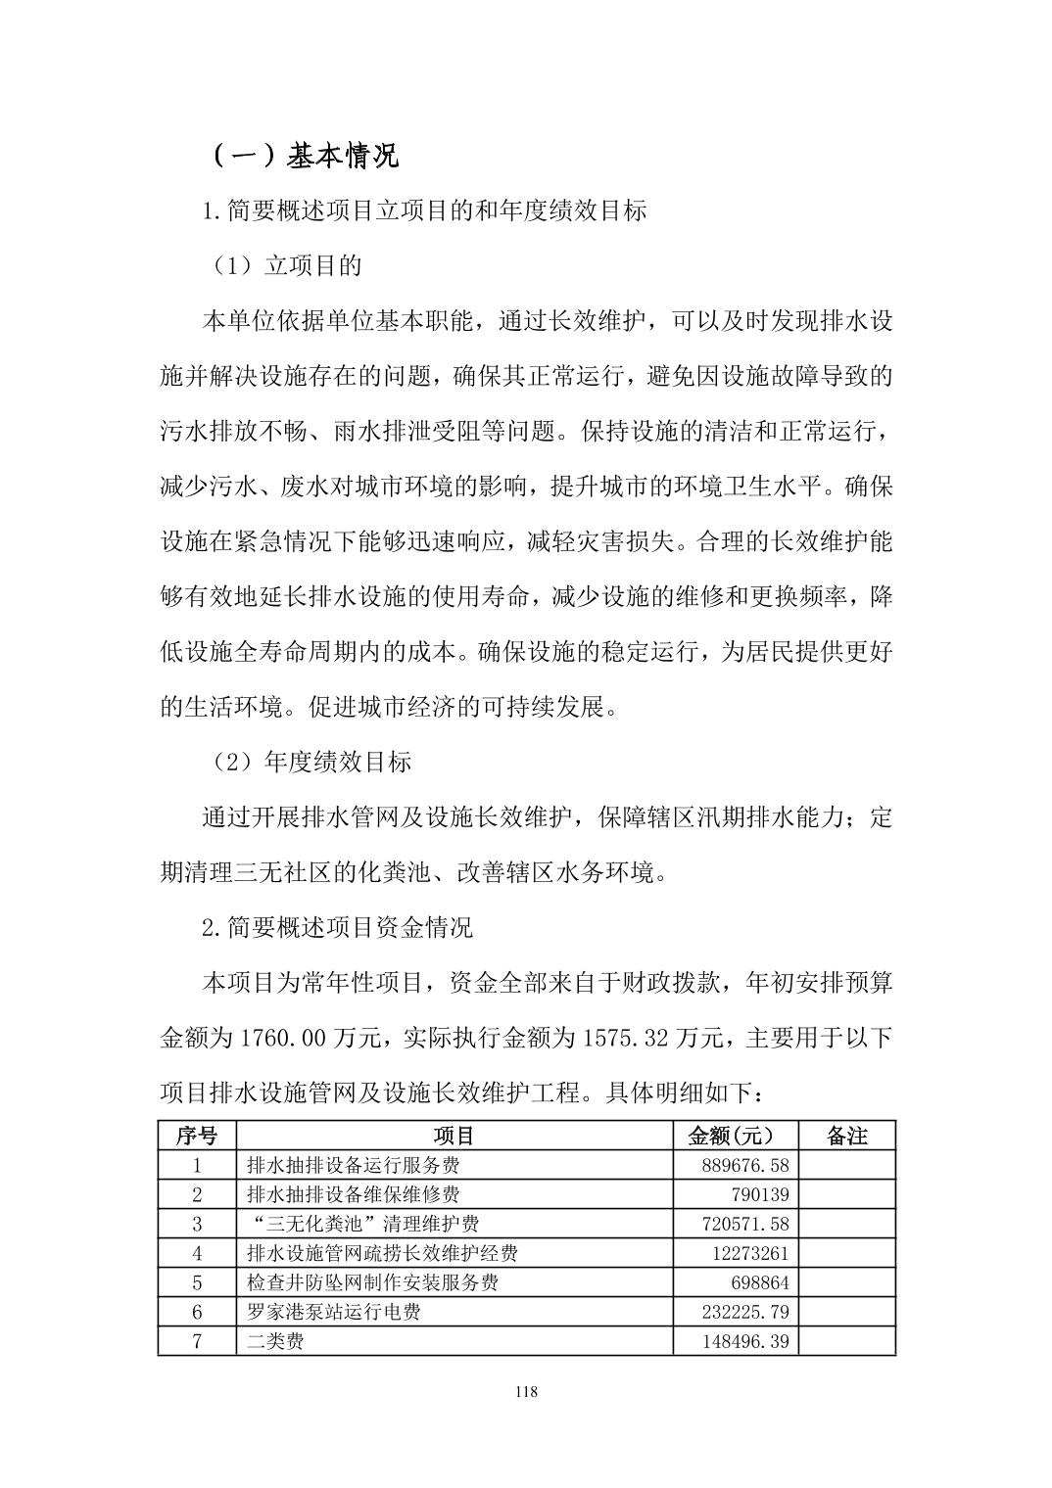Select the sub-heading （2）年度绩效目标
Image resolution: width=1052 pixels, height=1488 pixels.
[x=312, y=762]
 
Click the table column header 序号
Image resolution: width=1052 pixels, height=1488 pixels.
[x=197, y=1136]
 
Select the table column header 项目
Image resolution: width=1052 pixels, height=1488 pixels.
[x=454, y=1136]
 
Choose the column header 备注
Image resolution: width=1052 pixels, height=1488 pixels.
[x=846, y=1136]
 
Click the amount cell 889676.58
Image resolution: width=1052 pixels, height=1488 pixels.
[x=745, y=1165]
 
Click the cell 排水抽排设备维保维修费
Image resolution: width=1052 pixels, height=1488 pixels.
[x=353, y=1194]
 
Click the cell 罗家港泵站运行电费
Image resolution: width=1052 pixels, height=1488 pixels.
[x=333, y=1312]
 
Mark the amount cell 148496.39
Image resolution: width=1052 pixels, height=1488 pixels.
[x=745, y=1341]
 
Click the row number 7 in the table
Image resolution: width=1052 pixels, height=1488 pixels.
[x=197, y=1341]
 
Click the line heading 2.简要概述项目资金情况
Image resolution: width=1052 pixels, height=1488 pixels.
[x=337, y=927]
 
